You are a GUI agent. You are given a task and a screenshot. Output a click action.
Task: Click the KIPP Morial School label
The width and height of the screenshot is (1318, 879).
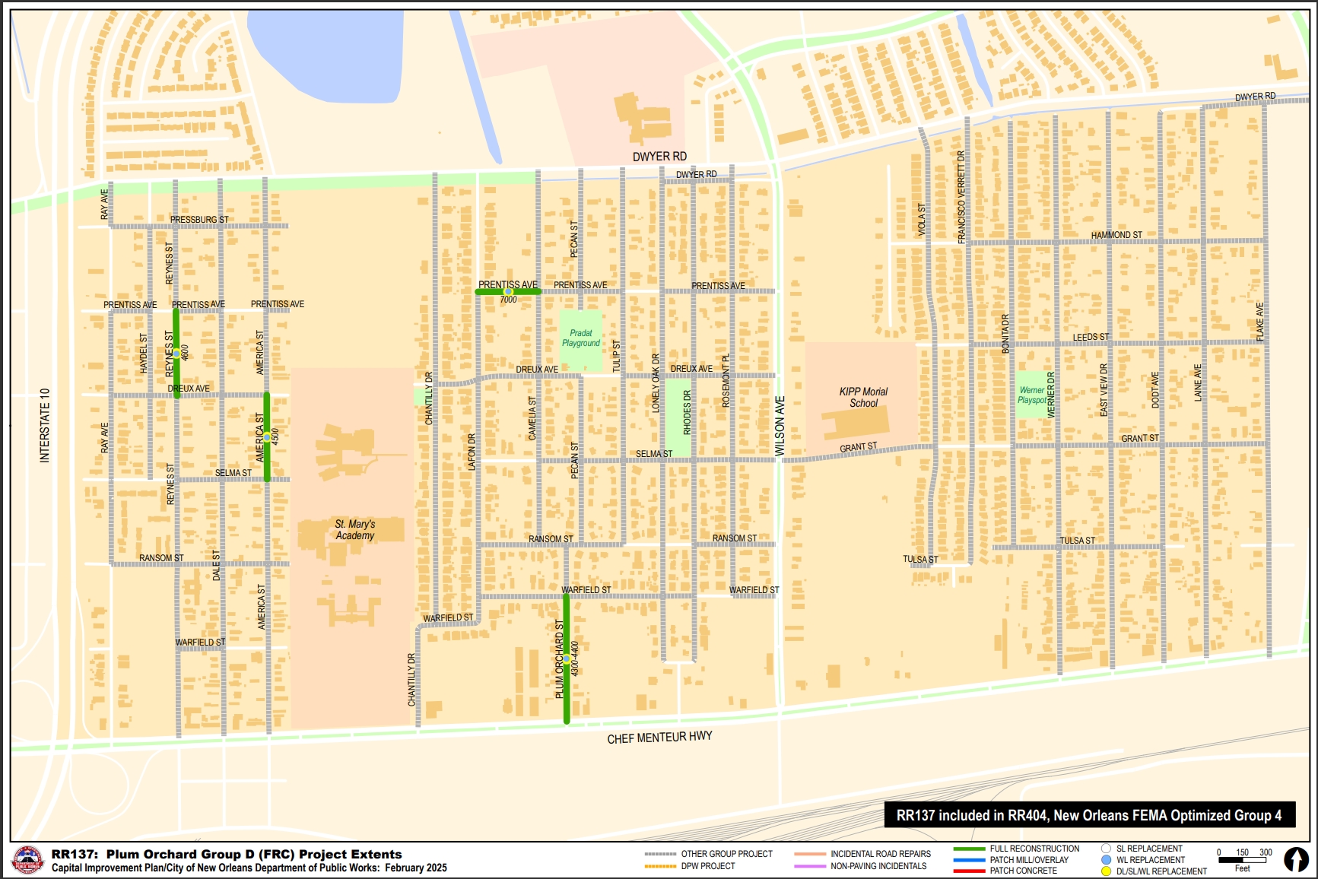tap(863, 397)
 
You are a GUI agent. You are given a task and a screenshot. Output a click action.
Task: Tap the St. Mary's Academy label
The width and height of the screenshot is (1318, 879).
tap(354, 529)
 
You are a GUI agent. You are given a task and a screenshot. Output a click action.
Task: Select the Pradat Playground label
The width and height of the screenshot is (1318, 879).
tap(581, 338)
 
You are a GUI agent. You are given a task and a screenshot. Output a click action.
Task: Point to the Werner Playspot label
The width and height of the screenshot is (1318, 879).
tap(1031, 395)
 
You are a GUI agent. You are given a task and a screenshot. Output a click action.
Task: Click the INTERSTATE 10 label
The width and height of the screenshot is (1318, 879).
tap(45, 425)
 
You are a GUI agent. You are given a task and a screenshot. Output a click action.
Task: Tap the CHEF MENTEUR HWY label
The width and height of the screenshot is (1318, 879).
tap(659, 738)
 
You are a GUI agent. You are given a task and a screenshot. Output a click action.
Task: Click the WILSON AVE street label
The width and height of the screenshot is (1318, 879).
tap(780, 426)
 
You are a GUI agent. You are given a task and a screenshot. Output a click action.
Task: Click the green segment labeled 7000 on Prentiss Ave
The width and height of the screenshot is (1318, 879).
tap(508, 292)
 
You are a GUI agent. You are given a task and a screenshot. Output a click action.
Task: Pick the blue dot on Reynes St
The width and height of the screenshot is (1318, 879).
tap(176, 354)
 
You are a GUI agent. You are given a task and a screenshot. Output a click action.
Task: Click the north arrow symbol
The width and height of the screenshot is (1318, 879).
tap(1296, 859)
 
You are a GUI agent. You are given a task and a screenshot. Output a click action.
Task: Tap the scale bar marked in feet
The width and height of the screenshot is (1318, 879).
tap(1243, 860)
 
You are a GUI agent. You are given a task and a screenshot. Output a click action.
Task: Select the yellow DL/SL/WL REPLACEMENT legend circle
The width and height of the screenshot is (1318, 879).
tap(1106, 871)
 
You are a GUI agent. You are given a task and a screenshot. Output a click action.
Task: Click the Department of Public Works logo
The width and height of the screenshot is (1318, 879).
tap(28, 861)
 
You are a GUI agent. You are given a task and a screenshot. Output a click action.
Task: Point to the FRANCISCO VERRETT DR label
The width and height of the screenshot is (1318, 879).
tap(961, 197)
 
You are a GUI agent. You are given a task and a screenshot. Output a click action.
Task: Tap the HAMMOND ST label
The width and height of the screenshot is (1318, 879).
tap(1116, 235)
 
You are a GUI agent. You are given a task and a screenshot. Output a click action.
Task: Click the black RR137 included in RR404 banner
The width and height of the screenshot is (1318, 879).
tap(1089, 815)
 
